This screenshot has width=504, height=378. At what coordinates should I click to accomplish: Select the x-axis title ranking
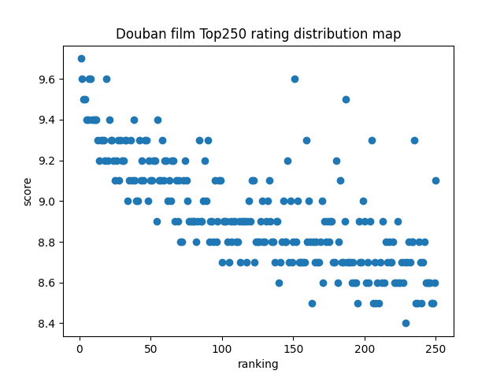click(258, 364)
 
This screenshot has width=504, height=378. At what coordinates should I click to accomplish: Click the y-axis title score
click(28, 191)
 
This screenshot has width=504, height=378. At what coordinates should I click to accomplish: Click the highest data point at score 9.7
click(81, 58)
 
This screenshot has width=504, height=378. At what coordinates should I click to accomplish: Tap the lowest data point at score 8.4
click(406, 323)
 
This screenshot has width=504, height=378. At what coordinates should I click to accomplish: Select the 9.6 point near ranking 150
click(295, 79)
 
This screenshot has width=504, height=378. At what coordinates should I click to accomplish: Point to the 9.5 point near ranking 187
click(346, 99)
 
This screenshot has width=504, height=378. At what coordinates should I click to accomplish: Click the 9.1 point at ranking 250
click(435, 180)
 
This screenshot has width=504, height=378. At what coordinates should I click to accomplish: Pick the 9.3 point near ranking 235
click(414, 140)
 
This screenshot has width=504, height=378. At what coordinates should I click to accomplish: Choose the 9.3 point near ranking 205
click(372, 140)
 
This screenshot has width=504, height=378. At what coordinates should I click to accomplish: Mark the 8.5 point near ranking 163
click(312, 303)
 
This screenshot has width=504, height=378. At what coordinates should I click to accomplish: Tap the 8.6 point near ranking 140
click(279, 283)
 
